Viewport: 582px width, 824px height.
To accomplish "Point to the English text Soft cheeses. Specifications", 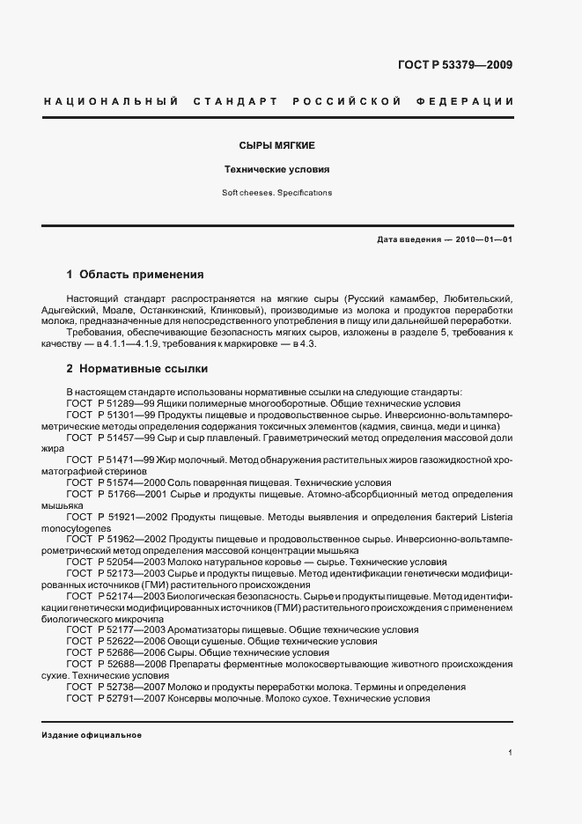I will (x=277, y=192).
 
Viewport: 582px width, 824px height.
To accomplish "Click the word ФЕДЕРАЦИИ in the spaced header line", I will (x=471, y=102).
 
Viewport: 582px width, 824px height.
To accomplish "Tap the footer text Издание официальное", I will (x=92, y=735).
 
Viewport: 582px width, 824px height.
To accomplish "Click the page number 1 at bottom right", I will (x=511, y=753).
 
